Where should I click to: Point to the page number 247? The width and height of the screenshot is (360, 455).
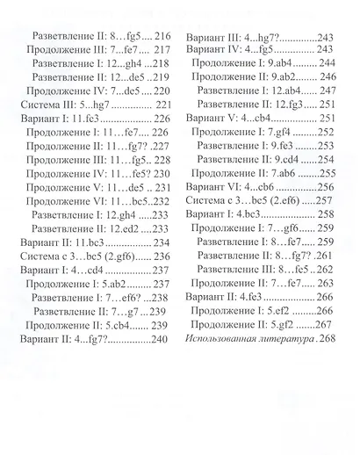328,90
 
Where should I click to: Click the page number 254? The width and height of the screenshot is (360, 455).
327,159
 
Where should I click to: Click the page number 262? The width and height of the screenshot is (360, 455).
326,269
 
